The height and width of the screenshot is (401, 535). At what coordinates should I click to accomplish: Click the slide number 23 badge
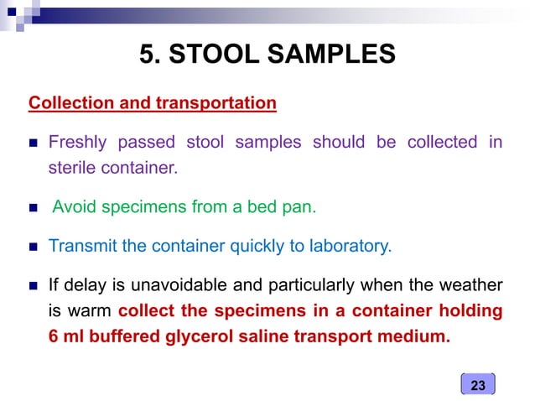click(478, 385)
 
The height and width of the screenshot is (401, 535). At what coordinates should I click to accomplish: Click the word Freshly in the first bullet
click(79, 143)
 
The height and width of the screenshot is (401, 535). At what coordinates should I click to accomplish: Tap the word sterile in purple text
click(70, 168)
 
